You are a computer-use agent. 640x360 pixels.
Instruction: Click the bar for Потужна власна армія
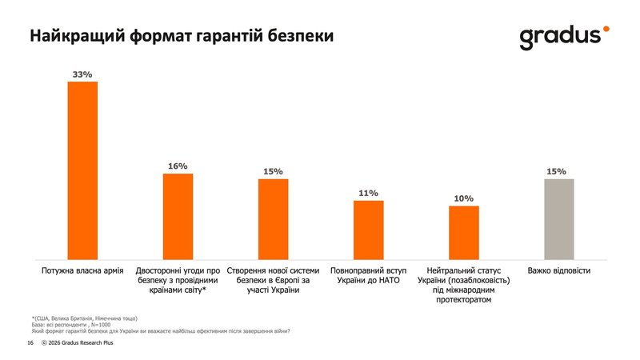pyautogui.click(x=82, y=170)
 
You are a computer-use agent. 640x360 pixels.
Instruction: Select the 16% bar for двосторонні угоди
pyautogui.click(x=178, y=216)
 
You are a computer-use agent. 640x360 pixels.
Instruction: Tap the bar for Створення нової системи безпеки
pyautogui.click(x=273, y=218)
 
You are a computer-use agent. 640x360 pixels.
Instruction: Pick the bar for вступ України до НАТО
pyautogui.click(x=369, y=230)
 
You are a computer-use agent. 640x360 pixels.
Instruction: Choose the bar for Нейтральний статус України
pyautogui.click(x=464, y=232)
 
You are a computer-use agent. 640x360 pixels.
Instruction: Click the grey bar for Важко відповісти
pyautogui.click(x=559, y=218)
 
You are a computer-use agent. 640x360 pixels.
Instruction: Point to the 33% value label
pyautogui.click(x=82, y=74)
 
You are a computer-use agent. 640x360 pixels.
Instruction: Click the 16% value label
pyautogui.click(x=178, y=166)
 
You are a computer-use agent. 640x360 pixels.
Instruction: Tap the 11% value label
pyautogui.click(x=369, y=193)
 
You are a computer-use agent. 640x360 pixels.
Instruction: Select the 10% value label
pyautogui.click(x=464, y=198)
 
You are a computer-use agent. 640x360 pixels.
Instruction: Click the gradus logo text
pyautogui.click(x=559, y=37)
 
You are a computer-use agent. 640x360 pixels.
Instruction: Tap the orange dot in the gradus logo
pyautogui.click(x=606, y=29)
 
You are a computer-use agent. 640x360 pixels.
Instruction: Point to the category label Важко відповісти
pyautogui.click(x=559, y=271)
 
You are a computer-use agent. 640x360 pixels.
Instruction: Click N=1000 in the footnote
pyautogui.click(x=98, y=325)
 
